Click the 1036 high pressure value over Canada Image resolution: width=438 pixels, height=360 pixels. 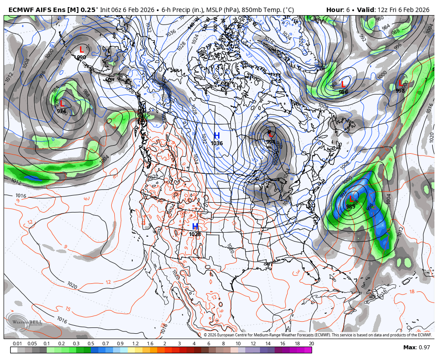(217, 143)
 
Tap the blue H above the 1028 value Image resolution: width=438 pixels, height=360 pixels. (195, 227)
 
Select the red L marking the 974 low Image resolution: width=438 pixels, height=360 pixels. (62, 104)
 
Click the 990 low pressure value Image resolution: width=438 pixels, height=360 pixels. (81, 57)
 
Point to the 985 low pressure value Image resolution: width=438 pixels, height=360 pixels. (351, 207)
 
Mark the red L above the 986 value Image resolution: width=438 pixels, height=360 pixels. (343, 84)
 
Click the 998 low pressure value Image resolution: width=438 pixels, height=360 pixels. (400, 90)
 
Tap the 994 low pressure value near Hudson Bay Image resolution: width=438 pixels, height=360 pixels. (270, 142)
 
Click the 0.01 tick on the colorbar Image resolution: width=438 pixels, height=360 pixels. (17, 344)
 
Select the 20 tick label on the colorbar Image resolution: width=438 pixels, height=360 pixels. (311, 344)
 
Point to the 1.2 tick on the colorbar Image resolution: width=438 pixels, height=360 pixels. (135, 344)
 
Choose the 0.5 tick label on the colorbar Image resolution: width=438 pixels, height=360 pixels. (91, 344)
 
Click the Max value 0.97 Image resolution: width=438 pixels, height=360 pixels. (423, 348)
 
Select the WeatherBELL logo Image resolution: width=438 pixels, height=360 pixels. (24, 322)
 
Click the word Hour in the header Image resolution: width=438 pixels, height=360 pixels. (334, 10)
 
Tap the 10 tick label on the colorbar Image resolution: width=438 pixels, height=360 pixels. (238, 344)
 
